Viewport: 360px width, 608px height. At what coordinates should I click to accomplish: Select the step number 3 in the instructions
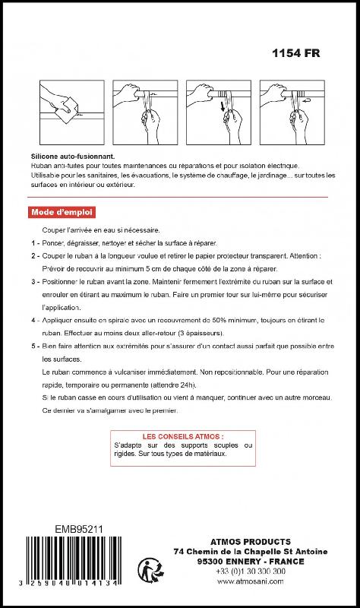pyautogui.click(x=34, y=282)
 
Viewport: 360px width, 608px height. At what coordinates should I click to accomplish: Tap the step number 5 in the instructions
pyautogui.click(x=34, y=347)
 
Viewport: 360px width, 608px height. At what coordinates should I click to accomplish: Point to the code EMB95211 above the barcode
pyautogui.click(x=80, y=528)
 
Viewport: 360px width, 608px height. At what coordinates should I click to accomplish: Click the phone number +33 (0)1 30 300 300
pyautogui.click(x=250, y=571)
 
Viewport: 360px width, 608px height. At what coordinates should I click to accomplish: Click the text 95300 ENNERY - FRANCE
pyautogui.click(x=250, y=561)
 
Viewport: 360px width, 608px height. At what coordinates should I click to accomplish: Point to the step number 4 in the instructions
pyautogui.click(x=34, y=321)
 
